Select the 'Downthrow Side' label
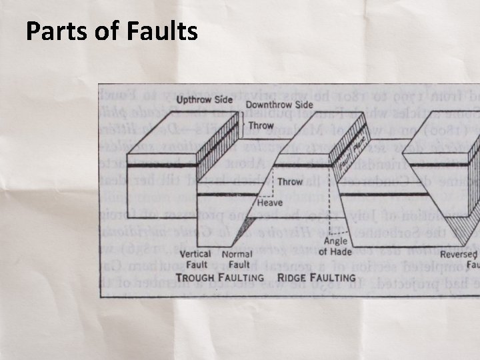pyautogui.click(x=279, y=105)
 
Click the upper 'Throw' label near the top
pyautogui.click(x=261, y=125)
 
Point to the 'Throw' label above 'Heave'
pyautogui.click(x=290, y=181)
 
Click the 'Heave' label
pyautogui.click(x=269, y=202)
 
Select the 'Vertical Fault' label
pyautogui.click(x=195, y=259)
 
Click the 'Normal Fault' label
pyautogui.click(x=237, y=259)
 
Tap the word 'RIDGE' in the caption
pyautogui.click(x=293, y=277)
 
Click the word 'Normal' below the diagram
pyautogui.click(x=237, y=254)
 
